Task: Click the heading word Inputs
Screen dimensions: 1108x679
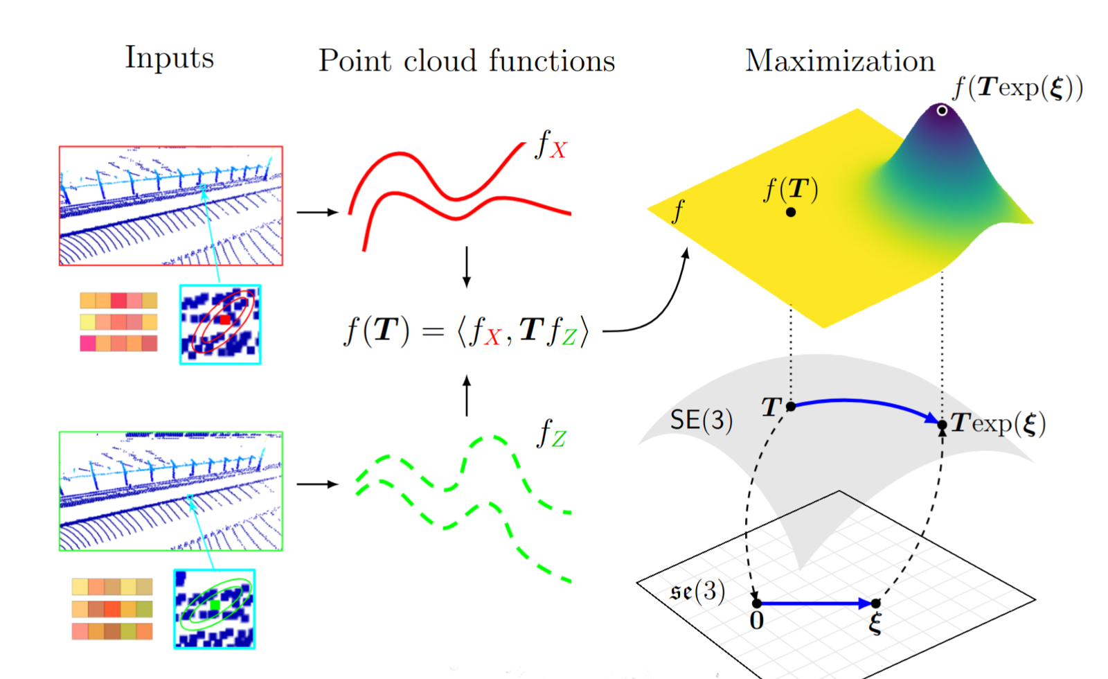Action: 170,58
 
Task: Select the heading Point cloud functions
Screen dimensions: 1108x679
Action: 467,61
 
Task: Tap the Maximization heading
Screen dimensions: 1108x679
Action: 840,61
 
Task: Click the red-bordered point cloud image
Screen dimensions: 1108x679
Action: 171,206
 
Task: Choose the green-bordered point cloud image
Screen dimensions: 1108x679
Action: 171,491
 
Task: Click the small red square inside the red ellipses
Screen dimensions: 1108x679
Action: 224,319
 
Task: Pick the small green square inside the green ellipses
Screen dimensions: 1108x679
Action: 215,605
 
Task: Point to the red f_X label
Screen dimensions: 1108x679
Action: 551,145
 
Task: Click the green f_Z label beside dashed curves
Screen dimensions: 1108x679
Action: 551,433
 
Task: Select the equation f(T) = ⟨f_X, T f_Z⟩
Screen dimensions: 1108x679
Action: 467,330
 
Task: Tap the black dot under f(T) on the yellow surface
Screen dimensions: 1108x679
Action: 791,212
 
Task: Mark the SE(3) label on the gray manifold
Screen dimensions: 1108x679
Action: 702,420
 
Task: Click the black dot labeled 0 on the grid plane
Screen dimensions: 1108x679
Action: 757,603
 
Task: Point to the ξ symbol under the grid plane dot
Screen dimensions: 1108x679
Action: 875,624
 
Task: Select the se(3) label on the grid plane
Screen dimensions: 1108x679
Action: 698,592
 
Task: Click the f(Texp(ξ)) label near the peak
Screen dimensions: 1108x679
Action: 1018,89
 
